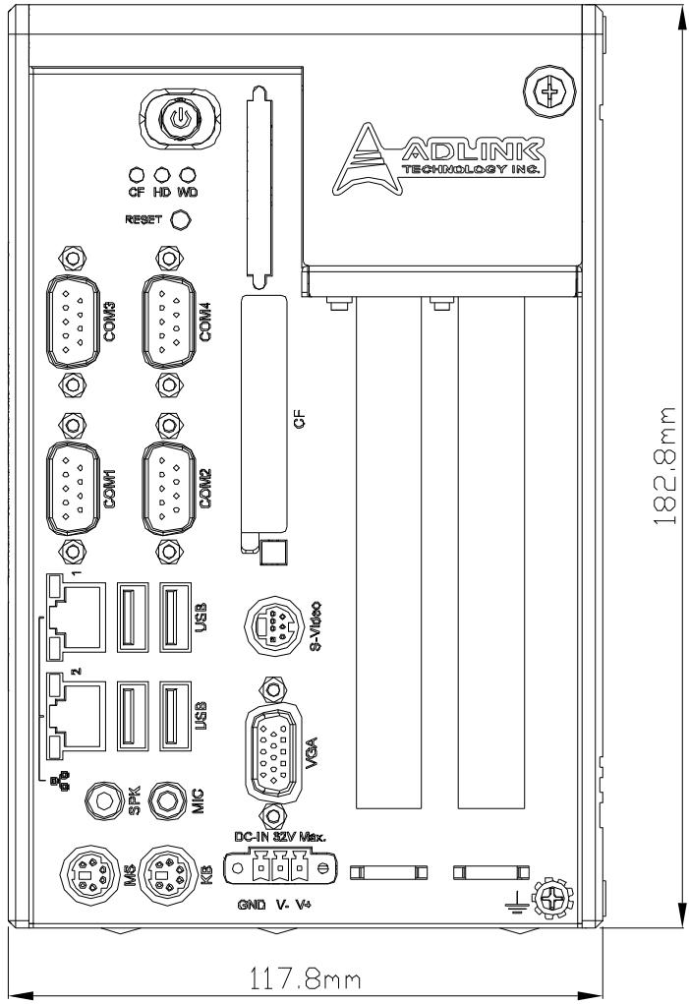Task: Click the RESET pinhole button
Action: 183,219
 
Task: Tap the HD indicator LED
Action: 161,175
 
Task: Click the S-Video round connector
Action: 270,624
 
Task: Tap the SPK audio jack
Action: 105,799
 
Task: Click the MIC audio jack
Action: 168,799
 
